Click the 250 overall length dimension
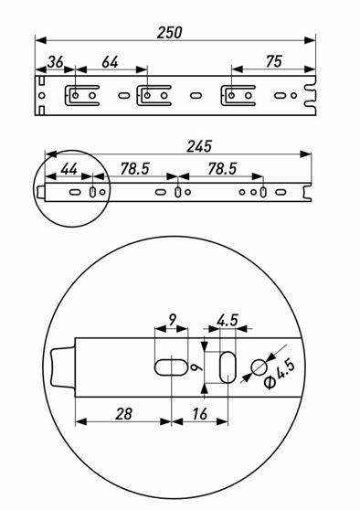tap(169, 33)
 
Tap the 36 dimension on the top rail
tap(55, 62)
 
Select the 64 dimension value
tap(110, 62)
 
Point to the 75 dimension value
tap(274, 61)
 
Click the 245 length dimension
tap(199, 146)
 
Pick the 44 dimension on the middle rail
tap(69, 169)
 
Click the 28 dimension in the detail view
tap(123, 414)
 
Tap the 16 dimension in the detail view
tap(199, 414)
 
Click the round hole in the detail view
tap(259, 367)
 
